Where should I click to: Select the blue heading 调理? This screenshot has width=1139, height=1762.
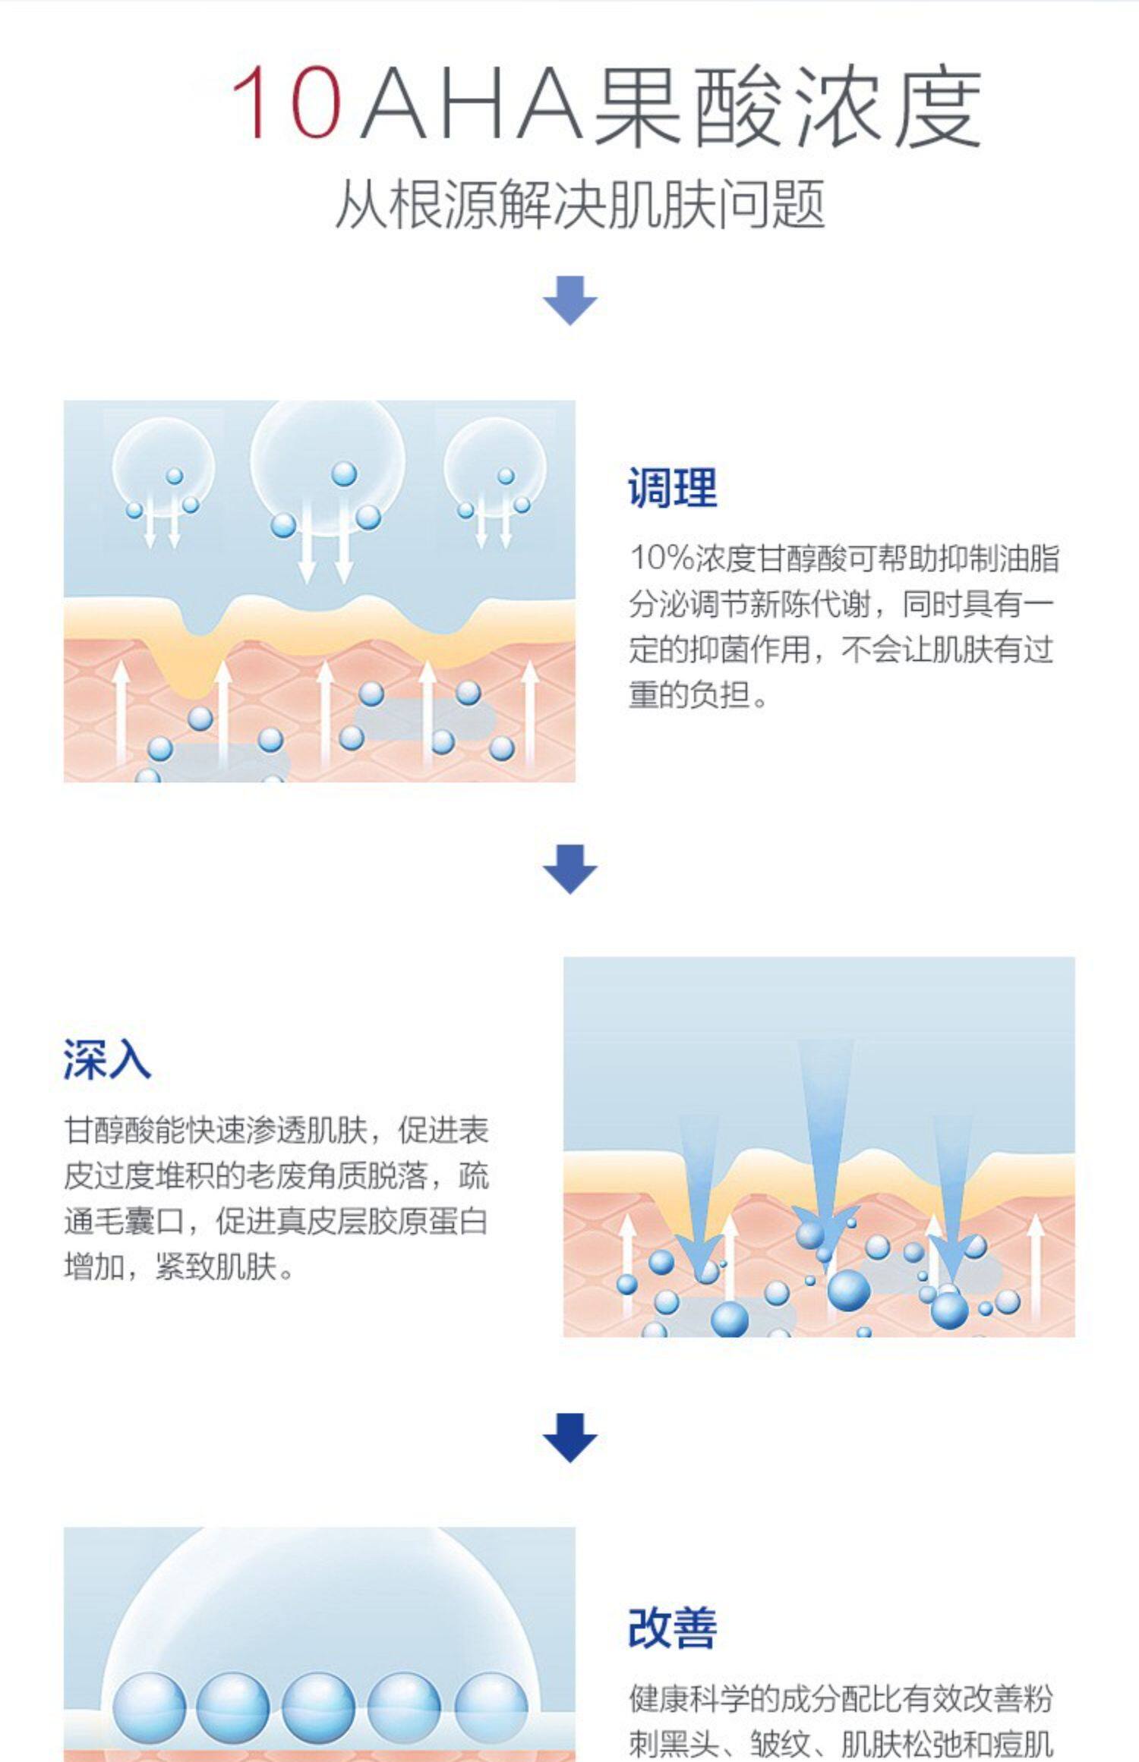point(672,488)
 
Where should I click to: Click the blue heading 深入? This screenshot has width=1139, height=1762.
point(107,1059)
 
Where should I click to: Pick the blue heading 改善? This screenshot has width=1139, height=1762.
point(672,1628)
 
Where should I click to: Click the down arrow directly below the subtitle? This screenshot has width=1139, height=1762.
point(569,300)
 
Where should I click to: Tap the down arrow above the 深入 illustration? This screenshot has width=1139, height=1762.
point(569,869)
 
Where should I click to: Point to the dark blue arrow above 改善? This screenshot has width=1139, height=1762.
point(569,1437)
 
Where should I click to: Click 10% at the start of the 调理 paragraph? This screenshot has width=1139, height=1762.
point(661,558)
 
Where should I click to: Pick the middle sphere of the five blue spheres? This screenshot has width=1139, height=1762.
point(318,1708)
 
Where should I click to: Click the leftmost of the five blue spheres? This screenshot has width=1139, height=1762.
point(149,1708)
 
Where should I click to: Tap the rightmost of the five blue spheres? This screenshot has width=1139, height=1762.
point(491,1708)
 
